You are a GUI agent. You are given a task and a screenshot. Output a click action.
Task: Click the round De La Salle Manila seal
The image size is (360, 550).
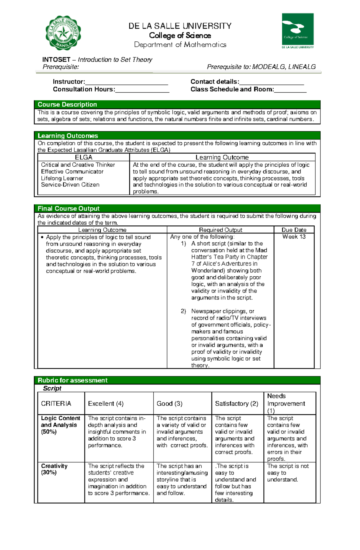(63, 33)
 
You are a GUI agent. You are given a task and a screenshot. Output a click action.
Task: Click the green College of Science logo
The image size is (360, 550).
(298, 31)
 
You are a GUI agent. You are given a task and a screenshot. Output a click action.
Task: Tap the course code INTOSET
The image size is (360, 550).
(56, 60)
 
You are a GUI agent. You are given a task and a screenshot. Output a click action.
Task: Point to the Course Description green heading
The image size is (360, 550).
(67, 105)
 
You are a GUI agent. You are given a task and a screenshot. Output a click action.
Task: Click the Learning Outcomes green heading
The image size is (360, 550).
(68, 136)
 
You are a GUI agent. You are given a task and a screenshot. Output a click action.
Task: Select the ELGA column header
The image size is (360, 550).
(83, 157)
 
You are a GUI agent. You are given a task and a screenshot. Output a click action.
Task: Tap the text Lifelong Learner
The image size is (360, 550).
(62, 178)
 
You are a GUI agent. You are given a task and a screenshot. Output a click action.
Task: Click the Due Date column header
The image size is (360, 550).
(294, 230)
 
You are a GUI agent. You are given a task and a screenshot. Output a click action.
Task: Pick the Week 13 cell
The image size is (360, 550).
(294, 237)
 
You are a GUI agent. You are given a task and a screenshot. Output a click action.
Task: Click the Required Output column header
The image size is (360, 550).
(220, 230)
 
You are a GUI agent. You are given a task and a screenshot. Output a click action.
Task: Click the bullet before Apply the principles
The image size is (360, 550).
(42, 237)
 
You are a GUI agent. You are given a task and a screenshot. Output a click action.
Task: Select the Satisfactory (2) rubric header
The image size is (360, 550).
(236, 404)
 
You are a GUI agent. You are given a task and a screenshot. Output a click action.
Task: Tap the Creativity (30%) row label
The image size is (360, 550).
(54, 469)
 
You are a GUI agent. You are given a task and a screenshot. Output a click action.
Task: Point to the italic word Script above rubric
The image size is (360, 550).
(52, 388)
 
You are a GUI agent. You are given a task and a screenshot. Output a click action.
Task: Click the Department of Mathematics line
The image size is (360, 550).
(180, 45)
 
